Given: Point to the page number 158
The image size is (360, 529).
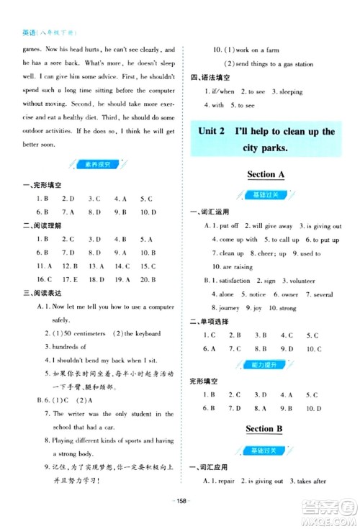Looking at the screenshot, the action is pos(180,501).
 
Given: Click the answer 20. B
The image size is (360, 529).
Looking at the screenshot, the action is pos(148,279).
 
